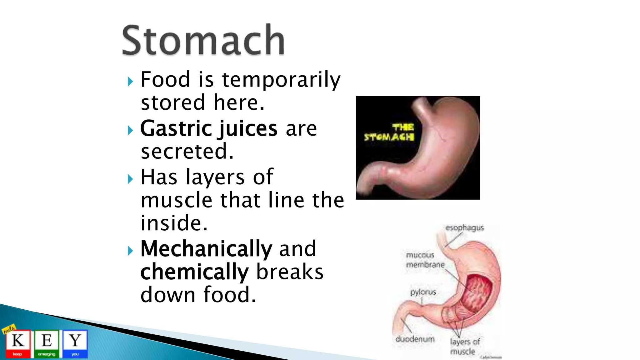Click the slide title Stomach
[203, 41]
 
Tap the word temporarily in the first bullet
[281, 80]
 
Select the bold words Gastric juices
[208, 128]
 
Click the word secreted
[187, 152]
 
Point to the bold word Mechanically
[206, 249]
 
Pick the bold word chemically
[194, 272]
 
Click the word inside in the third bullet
[174, 223]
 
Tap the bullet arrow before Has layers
[130, 179]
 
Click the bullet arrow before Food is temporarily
[130, 82]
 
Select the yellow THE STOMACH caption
[389, 132]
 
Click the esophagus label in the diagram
[465, 228]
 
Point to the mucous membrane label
[425, 260]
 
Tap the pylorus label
[423, 292]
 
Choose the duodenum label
[415, 339]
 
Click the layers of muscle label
[464, 346]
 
